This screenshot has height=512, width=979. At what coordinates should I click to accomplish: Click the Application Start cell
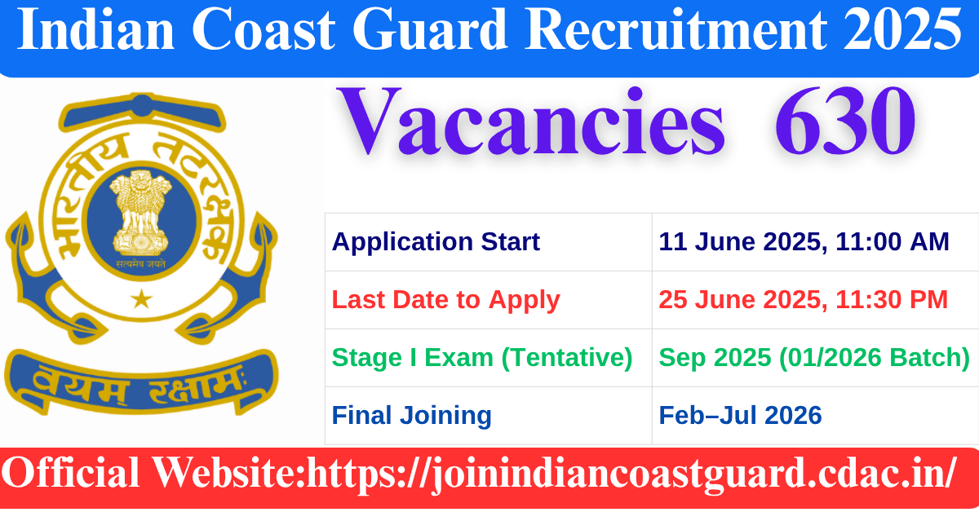(436, 242)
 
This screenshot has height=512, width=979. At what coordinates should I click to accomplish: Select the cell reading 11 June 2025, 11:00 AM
(804, 242)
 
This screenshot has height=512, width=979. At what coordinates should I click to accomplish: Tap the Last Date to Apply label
(445, 300)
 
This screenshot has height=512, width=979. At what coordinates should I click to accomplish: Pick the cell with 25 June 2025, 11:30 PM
(804, 300)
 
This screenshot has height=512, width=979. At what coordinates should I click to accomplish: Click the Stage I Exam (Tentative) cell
(482, 358)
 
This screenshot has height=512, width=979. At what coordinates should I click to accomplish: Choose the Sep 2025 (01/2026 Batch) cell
(814, 358)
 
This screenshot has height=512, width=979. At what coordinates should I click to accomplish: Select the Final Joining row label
(411, 416)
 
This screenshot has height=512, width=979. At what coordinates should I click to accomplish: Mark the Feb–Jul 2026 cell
(740, 416)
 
